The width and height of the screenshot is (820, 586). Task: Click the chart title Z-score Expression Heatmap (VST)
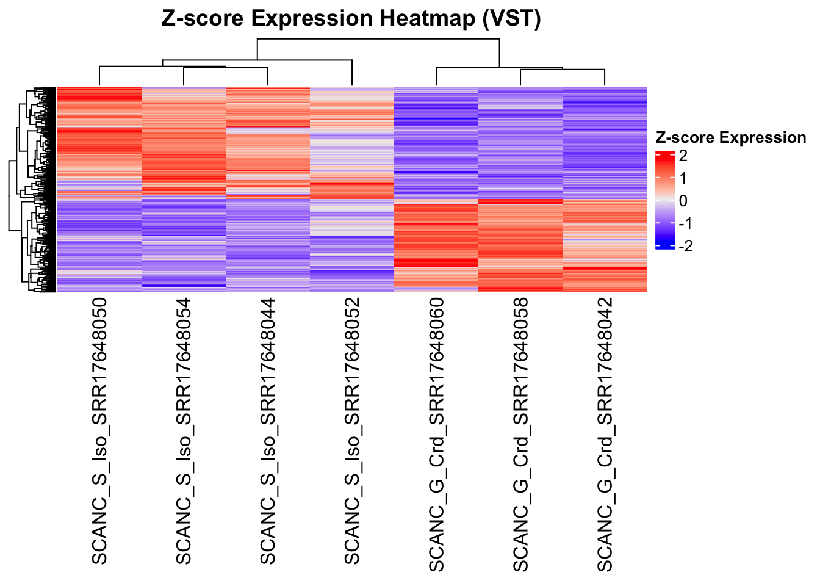[x=351, y=19]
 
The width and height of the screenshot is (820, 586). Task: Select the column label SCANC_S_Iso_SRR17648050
[x=99, y=431]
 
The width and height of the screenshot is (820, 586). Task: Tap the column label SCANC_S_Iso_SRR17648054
[x=183, y=431]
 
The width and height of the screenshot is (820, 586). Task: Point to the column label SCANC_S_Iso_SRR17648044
[x=268, y=431]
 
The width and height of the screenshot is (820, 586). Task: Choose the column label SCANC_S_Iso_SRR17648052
[x=352, y=431]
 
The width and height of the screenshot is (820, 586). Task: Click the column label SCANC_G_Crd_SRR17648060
[x=436, y=435]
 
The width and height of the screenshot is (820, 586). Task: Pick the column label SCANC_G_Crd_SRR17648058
[x=520, y=435]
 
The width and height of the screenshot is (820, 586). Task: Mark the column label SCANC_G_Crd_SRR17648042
[x=605, y=435]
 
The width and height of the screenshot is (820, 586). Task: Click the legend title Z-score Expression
[x=730, y=138]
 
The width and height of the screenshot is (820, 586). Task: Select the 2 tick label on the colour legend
[x=683, y=156]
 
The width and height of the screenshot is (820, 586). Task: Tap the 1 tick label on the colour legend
[x=683, y=178]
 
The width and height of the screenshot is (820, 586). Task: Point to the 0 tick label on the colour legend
[x=683, y=201]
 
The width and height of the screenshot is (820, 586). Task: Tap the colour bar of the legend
[x=664, y=200]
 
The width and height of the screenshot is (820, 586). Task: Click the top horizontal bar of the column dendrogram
[x=378, y=39]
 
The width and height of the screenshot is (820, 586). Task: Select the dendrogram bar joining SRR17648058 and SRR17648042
[x=563, y=70]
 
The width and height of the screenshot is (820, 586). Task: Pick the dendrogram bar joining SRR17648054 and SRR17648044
[x=226, y=68]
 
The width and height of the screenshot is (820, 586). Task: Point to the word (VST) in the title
[x=511, y=19]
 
